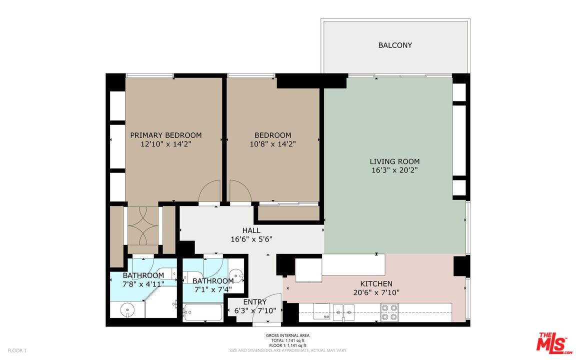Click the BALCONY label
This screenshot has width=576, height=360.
395,45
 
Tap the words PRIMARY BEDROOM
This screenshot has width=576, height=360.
166,135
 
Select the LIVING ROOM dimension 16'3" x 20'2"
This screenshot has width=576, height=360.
394,170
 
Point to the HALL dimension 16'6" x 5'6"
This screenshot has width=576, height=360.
251,239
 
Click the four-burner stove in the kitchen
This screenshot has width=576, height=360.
389,312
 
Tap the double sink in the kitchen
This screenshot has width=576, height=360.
344,312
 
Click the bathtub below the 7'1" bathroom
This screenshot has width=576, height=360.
202,313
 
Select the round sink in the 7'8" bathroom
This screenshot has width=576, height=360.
127,310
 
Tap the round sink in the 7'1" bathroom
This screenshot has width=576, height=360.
236,274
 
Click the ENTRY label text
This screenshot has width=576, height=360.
254,302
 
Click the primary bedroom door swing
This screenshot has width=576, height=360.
210,191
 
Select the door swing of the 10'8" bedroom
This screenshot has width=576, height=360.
239,191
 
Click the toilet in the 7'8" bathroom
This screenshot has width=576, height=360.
170,273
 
